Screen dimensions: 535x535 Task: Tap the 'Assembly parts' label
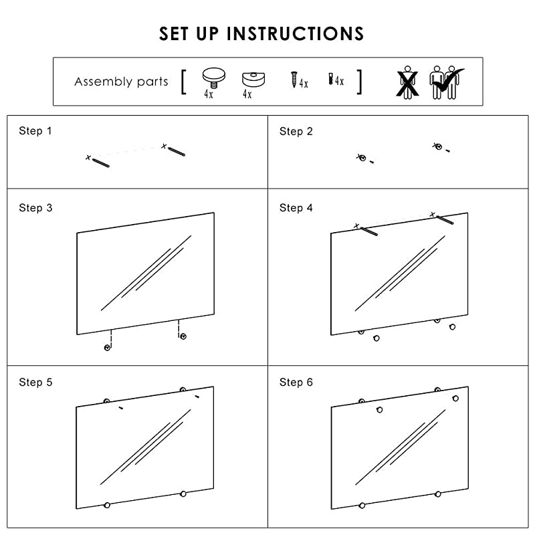tap(121, 82)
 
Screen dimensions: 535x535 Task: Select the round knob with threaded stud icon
tap(212, 78)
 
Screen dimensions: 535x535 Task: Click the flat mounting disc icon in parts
tap(251, 79)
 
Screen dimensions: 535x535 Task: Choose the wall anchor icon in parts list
tap(330, 80)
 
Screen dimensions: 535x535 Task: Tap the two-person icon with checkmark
tap(447, 82)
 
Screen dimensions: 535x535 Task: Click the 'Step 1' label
tap(35, 131)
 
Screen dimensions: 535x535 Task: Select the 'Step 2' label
tap(296, 131)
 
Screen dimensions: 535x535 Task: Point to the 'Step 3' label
tap(35, 208)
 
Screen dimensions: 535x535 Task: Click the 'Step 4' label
tap(296, 208)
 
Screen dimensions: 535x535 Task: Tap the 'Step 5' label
tap(35, 383)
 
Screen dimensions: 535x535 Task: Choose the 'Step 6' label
tap(296, 383)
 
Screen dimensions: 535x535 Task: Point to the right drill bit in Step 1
tap(177, 151)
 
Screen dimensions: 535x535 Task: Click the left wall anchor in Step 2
tap(362, 158)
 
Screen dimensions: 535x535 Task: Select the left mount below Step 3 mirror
tap(107, 348)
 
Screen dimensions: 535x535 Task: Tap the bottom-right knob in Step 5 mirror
tap(183, 494)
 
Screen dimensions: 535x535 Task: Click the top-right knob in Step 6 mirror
tap(455, 399)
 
